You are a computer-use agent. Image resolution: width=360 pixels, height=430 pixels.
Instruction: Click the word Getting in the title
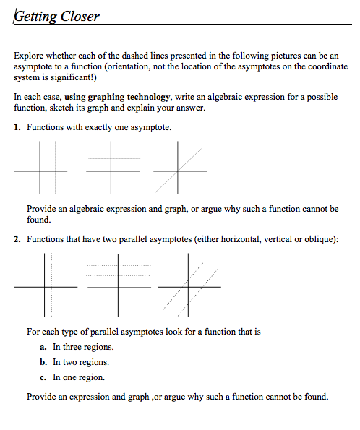point(33,17)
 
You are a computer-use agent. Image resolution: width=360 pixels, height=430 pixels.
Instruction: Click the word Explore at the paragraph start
point(29,55)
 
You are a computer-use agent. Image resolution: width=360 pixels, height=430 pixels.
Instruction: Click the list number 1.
point(17,127)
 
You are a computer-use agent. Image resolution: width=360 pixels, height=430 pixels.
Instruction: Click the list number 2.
point(17,239)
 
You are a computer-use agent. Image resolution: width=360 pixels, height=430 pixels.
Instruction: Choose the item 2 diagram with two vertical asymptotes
point(44,285)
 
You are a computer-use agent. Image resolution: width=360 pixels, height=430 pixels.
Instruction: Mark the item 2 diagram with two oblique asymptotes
point(189,285)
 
